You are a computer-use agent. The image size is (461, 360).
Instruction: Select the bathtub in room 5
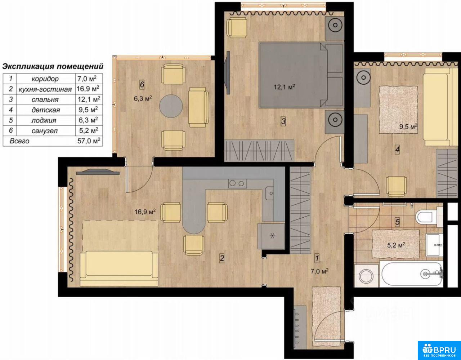412,274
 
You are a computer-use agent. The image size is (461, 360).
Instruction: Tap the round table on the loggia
171,106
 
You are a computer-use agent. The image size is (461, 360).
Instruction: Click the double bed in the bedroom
301,75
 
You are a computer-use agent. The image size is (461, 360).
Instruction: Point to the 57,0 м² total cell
89,141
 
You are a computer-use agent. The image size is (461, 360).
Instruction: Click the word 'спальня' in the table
45,99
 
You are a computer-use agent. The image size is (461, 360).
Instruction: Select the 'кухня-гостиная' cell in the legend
45,89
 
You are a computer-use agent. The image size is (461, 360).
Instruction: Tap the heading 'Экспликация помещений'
53,66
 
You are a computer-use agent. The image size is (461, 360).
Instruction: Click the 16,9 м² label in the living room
145,212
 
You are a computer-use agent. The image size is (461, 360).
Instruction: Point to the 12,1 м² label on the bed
285,87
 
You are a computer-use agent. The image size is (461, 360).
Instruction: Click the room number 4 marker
397,150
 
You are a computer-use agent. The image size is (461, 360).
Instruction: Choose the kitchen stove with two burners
237,183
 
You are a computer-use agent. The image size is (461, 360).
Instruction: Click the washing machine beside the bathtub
366,276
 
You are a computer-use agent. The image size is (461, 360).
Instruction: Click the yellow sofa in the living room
119,268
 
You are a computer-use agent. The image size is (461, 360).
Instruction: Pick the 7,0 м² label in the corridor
319,271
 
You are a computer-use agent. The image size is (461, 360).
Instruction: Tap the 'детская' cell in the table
46,110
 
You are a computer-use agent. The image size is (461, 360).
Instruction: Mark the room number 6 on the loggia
142,84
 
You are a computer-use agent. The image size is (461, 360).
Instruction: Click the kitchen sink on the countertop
270,194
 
